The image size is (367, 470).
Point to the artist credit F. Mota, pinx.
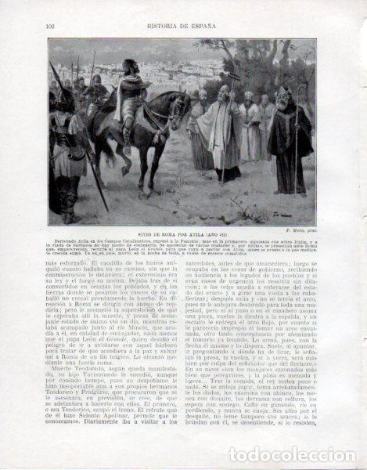coord(298,231)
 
